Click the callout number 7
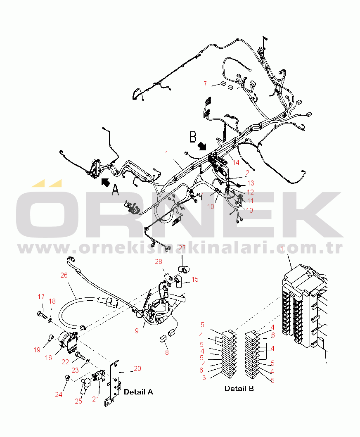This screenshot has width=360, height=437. (205, 84)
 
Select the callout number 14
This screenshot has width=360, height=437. (236, 162)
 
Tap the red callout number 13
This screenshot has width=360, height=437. (251, 183)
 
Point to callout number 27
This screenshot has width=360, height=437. (182, 248)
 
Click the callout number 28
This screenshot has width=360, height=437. (159, 261)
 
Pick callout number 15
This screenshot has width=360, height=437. (194, 280)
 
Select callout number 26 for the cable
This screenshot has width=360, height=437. (64, 275)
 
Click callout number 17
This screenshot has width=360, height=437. (41, 297)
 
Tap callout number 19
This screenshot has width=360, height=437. (37, 350)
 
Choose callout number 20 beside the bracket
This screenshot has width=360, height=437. (137, 369)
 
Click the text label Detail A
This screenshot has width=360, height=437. (138, 392)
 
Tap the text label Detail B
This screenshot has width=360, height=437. (239, 389)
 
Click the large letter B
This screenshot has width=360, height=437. (192, 136)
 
